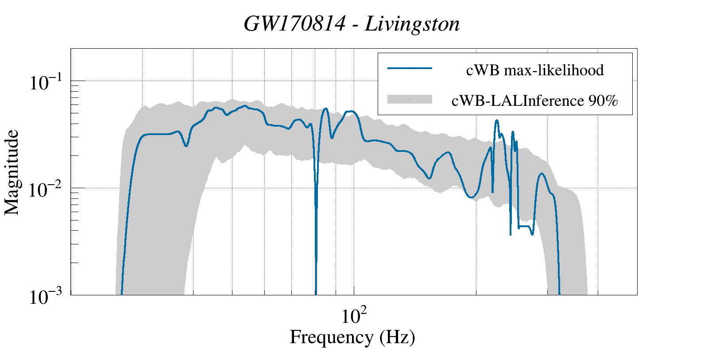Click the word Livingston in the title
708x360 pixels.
click(412, 24)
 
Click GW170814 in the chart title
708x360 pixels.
click(294, 24)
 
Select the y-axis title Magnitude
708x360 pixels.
click(12, 172)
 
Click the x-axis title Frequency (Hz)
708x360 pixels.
click(352, 337)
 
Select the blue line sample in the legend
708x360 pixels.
click(410, 68)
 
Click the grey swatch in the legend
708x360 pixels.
click(410, 99)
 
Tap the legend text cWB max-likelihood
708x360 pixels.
click(535, 70)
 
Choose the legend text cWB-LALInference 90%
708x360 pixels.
click(534, 101)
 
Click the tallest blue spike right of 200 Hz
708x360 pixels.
click(497, 120)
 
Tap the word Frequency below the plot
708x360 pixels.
click(331, 337)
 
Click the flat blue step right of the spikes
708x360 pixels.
click(524, 226)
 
